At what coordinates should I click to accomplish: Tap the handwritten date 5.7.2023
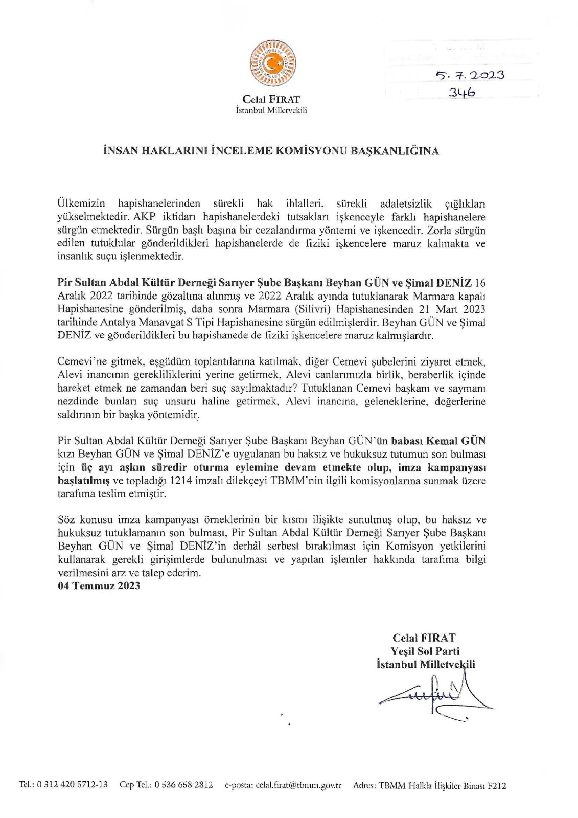pyautogui.click(x=470, y=75)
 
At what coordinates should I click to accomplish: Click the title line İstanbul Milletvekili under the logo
pyautogui.click(x=271, y=110)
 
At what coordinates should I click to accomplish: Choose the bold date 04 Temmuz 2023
pyautogui.click(x=99, y=586)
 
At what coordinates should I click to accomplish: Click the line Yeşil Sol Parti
pyautogui.click(x=425, y=651)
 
